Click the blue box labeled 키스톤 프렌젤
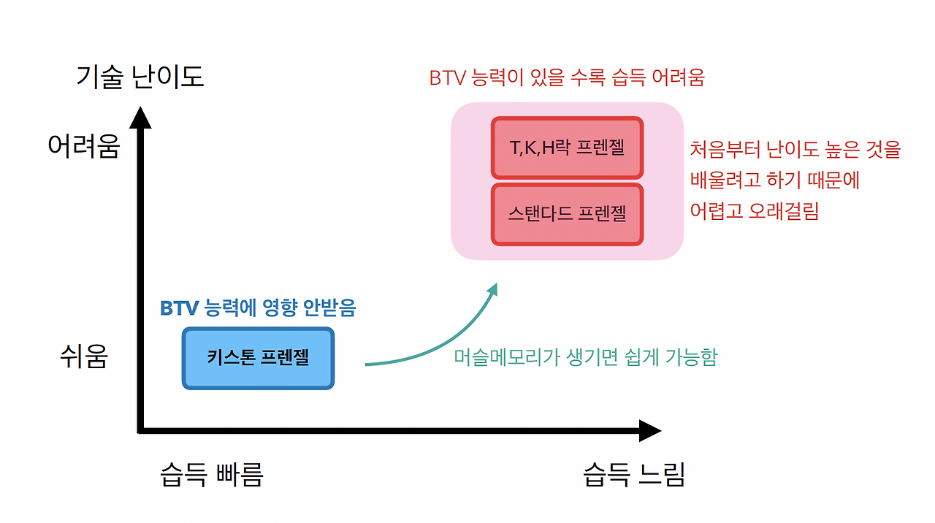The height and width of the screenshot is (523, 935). [x=258, y=358]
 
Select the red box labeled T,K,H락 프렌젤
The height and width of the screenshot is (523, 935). [x=567, y=148]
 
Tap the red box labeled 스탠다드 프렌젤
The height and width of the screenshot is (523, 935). [x=567, y=214]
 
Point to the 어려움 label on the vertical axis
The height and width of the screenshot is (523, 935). [x=83, y=146]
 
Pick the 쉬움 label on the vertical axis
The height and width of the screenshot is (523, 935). [x=84, y=357]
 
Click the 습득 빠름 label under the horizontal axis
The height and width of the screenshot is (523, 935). [x=212, y=475]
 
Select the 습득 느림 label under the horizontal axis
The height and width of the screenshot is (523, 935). [x=634, y=475]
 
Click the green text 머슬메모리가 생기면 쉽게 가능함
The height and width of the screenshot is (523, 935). [x=586, y=357]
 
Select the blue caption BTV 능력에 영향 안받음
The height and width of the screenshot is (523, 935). [x=258, y=308]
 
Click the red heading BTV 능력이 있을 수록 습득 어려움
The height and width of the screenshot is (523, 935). [x=567, y=77]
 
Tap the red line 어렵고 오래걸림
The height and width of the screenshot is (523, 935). [x=754, y=211]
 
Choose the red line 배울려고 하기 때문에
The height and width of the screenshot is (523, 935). [x=775, y=180]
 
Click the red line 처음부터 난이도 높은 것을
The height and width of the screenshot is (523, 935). [x=795, y=150]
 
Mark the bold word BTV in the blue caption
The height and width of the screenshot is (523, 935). [x=180, y=308]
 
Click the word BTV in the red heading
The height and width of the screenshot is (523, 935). [x=447, y=77]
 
